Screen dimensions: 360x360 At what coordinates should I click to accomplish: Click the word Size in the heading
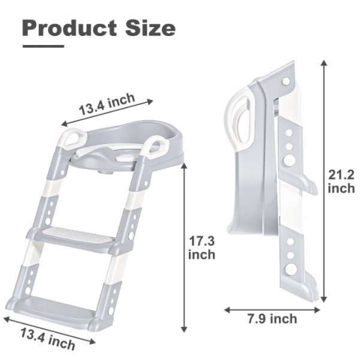click(150, 28)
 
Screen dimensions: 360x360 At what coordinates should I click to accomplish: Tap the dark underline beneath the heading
click(43, 46)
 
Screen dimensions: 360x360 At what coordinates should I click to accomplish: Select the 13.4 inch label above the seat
click(107, 104)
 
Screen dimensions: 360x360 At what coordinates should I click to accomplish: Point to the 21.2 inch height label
click(341, 182)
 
